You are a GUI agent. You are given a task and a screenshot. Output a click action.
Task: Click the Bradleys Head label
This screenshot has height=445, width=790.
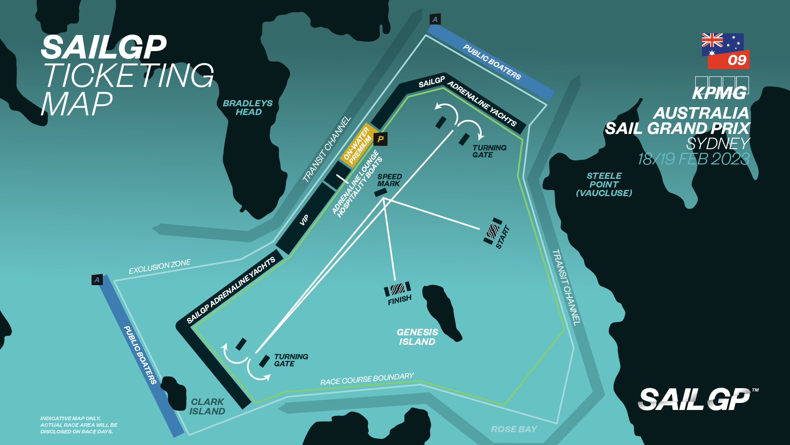(x=248, y=108)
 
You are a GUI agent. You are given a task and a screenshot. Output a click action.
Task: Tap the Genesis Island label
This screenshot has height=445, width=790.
(x=417, y=337)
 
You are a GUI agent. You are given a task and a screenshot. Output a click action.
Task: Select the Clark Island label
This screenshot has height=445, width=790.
(x=207, y=406)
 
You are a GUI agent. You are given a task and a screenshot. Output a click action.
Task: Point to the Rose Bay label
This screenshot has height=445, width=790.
(x=514, y=429)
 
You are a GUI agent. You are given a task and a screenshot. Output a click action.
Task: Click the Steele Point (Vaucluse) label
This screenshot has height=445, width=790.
(x=604, y=184)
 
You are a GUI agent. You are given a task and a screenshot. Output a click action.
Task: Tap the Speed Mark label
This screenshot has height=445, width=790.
(x=389, y=180)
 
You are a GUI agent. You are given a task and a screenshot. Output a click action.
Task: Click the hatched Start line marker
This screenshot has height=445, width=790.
(x=493, y=231)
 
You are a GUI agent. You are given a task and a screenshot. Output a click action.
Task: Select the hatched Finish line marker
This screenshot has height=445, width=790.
(x=397, y=289)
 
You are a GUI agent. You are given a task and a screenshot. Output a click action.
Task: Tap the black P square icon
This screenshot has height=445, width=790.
(x=381, y=139)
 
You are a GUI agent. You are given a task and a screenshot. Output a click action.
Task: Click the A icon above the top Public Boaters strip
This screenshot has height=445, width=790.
(x=435, y=19)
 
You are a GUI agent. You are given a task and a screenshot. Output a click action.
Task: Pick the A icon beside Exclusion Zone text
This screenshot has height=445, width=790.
(x=97, y=280)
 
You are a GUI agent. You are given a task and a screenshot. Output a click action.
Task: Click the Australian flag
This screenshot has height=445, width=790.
(x=722, y=44)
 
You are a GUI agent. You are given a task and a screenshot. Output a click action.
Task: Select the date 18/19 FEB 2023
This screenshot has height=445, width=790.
(x=694, y=159)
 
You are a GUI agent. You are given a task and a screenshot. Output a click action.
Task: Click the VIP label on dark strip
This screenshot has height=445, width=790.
(x=304, y=220)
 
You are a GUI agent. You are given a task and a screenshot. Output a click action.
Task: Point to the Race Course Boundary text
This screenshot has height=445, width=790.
(x=367, y=379)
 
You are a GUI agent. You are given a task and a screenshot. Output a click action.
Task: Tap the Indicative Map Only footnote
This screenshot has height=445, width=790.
(x=78, y=425)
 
